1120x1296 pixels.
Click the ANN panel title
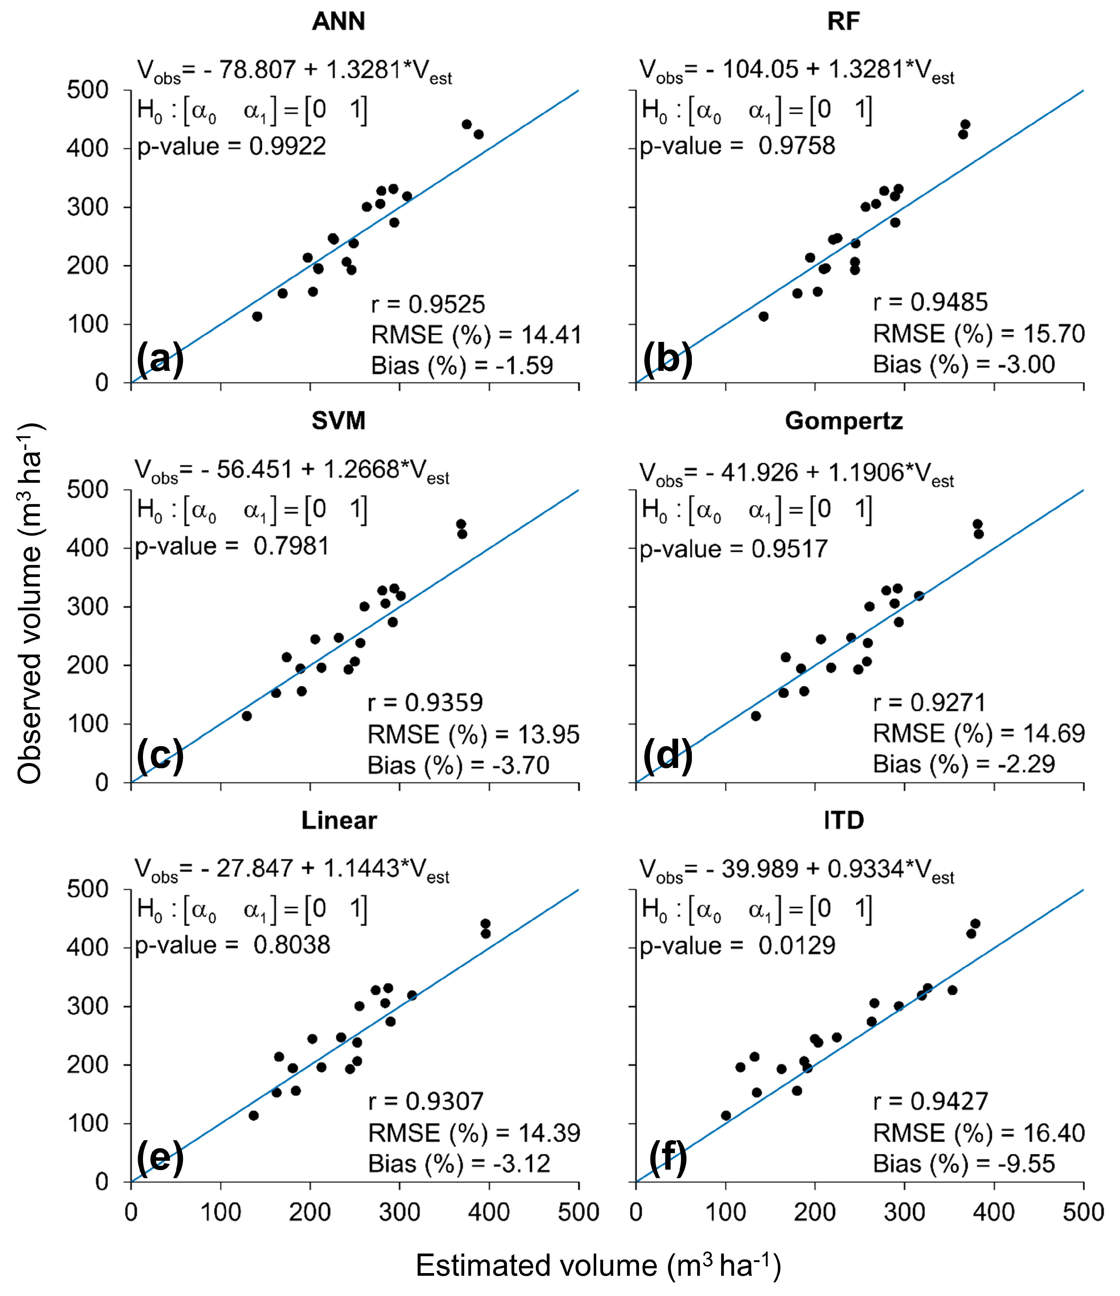click(x=338, y=22)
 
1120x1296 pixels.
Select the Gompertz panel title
click(x=844, y=421)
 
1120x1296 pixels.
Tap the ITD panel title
click(x=844, y=820)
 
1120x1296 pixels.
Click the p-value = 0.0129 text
click(x=737, y=945)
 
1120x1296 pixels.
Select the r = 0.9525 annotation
click(x=428, y=305)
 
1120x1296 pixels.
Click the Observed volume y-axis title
click(x=29, y=604)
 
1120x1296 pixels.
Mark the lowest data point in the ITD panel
click(x=726, y=1115)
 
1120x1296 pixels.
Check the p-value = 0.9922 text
click(x=232, y=146)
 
